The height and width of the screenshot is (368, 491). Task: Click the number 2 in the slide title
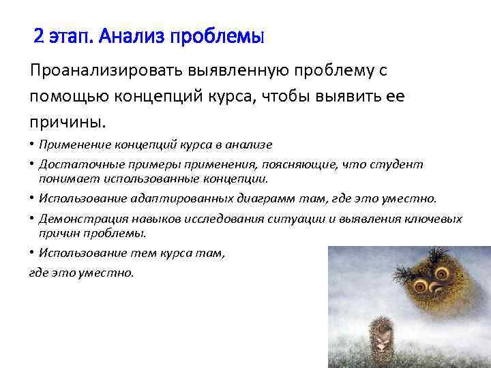point(40,36)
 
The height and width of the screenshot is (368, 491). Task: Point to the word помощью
point(63,97)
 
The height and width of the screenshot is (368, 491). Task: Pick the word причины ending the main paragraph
point(66,123)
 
